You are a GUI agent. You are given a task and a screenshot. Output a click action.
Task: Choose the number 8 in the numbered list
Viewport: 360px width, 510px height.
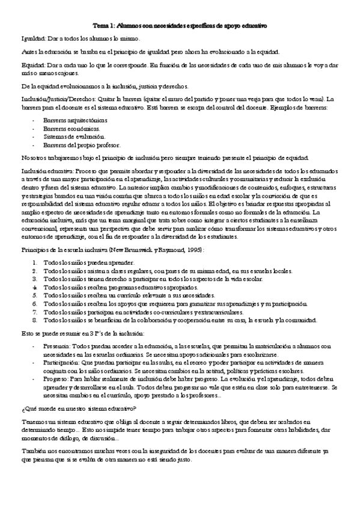pyautogui.click(x=35, y=321)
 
